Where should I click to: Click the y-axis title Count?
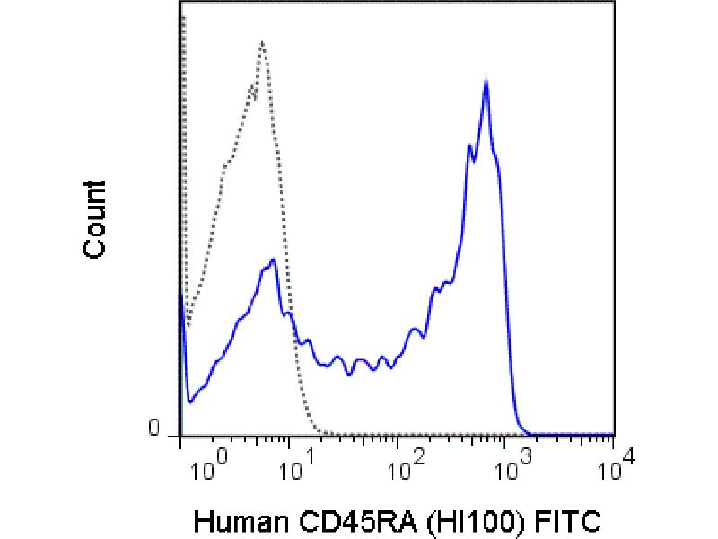coord(94,219)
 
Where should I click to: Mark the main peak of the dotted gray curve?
coord(261,41)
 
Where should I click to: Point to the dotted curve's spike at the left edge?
coord(182,18)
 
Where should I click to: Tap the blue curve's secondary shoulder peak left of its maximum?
coord(471,145)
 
